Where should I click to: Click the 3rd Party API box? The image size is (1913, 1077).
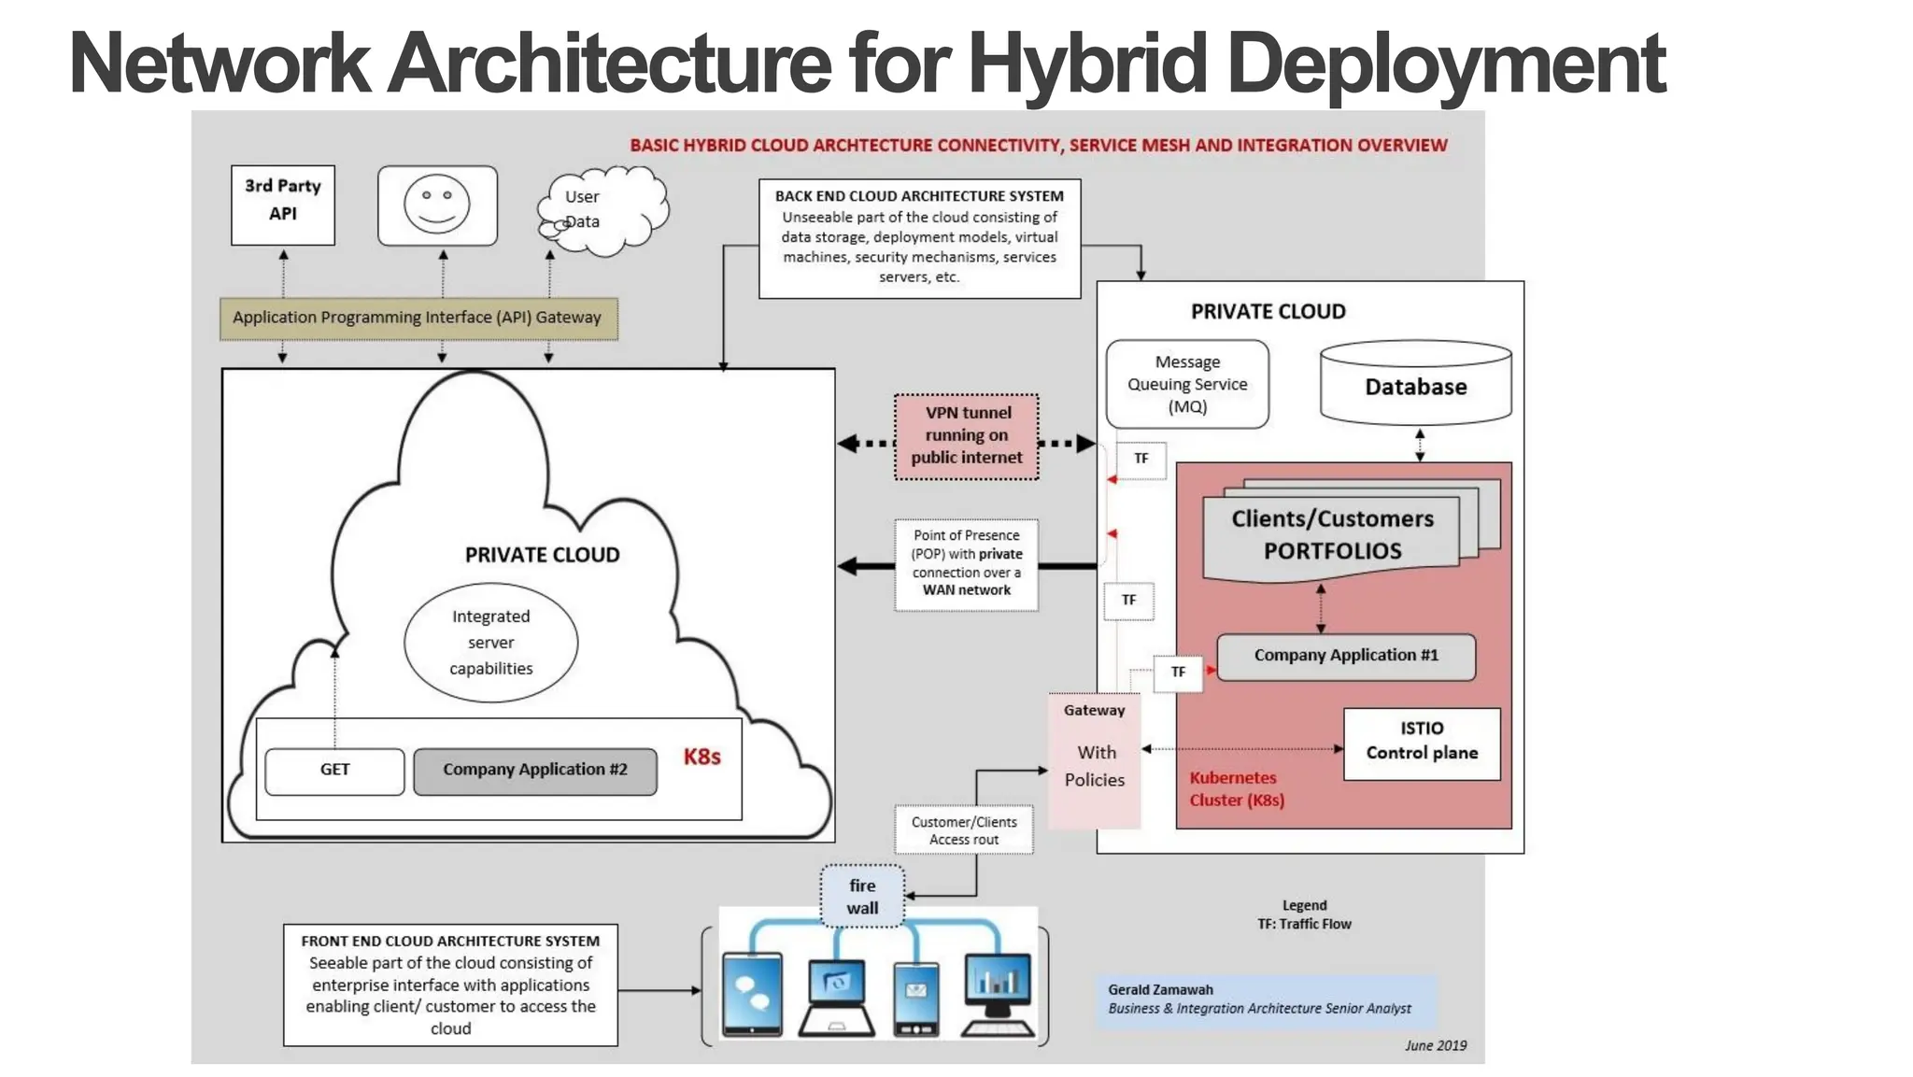pos(282,205)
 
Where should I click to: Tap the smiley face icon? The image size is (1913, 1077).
pos(437,205)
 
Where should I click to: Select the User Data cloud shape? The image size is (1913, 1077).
pos(602,211)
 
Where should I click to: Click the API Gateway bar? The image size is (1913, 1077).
pos(418,319)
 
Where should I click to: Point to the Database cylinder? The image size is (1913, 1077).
pos(1415,385)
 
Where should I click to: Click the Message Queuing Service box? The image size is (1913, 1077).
pos(1186,384)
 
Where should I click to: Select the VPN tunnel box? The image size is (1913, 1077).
pos(966,436)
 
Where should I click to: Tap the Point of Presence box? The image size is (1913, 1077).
pos(966,563)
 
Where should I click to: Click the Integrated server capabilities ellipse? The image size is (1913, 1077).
pos(490,643)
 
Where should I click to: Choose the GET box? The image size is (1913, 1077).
pos(334,771)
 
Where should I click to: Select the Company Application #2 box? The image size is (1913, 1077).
pos(534,771)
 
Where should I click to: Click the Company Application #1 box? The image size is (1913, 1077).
pos(1345,657)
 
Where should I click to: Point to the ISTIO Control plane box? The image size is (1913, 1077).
pos(1421,742)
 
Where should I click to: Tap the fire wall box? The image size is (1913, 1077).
pos(862,897)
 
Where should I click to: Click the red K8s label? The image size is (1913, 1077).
pos(701,758)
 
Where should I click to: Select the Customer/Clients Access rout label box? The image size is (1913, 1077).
pos(963,830)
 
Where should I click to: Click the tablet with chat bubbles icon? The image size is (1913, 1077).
pos(752,994)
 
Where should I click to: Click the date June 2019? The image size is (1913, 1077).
pos(1435,1046)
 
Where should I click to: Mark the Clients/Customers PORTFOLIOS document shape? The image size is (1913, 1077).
pos(1332,535)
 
